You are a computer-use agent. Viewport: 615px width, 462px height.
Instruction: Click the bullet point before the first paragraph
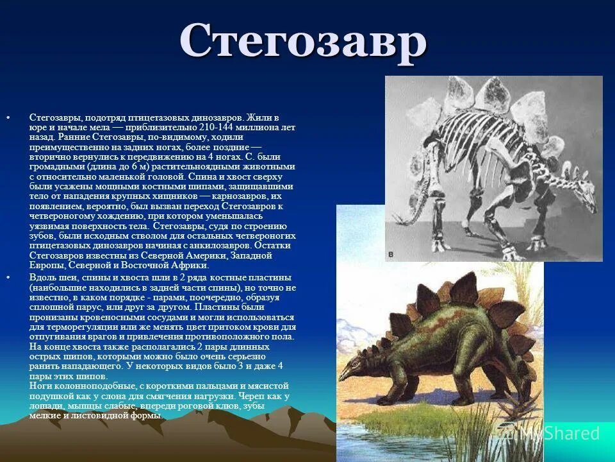coord(8,118)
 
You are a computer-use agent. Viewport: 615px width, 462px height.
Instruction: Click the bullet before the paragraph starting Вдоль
coord(8,277)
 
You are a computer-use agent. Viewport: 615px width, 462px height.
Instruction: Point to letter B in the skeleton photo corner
coord(391,255)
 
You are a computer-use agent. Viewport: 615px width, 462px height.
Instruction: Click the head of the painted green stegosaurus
coord(349,372)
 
